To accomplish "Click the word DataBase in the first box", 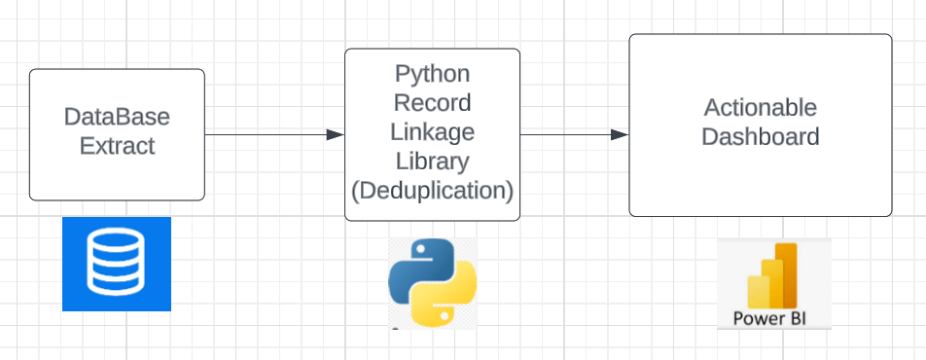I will pos(117,118).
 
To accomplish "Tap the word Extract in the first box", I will pos(117,147).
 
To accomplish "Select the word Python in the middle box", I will pos(432,73).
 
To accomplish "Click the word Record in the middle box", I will pos(432,102).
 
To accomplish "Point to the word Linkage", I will pos(432,131).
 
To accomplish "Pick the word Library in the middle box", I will pos(432,161).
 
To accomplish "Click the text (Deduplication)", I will pos(432,190).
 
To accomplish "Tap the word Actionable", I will pos(761,107).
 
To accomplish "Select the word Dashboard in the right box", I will pos(761,136).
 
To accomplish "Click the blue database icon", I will pos(117,264).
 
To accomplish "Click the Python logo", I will pos(432,281).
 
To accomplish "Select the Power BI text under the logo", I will pos(773,318).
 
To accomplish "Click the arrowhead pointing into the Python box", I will pos(337,134).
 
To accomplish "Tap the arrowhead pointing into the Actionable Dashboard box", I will pos(620,134).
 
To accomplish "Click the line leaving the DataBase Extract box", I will pos(263,134).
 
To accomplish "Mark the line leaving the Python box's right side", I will pos(564,134).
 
